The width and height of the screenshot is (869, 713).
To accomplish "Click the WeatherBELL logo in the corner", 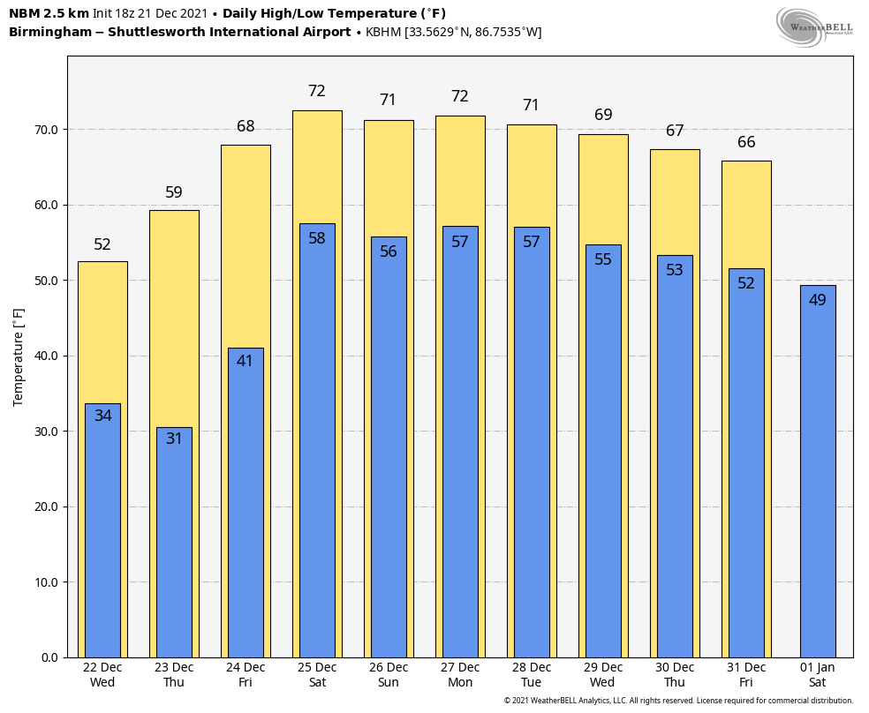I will tap(814, 26).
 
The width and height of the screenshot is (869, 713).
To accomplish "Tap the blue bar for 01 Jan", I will tap(817, 477).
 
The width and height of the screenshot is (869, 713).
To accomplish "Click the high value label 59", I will tap(174, 192).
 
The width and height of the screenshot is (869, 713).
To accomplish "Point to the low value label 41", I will tap(245, 361).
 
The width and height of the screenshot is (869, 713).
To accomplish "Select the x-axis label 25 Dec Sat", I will tap(317, 675).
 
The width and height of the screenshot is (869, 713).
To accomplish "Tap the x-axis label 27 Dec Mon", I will tap(460, 675).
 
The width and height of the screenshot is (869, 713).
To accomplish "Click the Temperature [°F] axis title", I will tap(19, 356).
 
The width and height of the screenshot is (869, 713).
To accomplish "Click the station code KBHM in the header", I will tap(383, 33).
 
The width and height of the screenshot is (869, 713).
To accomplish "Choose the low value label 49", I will tap(817, 300).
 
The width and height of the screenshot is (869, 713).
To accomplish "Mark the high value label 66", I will tap(746, 142).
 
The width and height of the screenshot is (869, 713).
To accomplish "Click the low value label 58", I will tap(317, 238).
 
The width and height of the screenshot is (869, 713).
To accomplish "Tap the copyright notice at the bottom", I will tap(678, 701).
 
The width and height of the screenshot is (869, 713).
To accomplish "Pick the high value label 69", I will tap(603, 115).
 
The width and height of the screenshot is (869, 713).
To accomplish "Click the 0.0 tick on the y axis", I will tap(49, 657).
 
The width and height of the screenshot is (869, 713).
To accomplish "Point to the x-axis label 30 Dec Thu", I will tap(675, 675).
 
